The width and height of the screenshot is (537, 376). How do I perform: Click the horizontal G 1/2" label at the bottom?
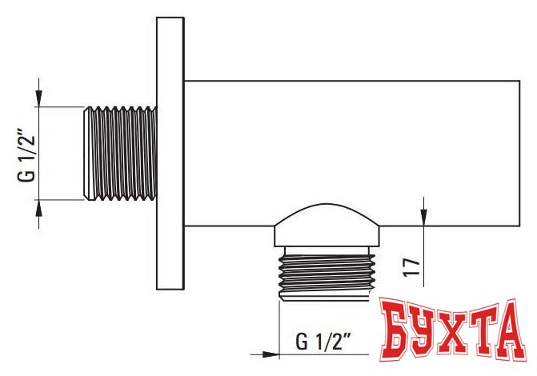[323, 341]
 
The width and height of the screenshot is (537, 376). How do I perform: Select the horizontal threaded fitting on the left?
[121, 153]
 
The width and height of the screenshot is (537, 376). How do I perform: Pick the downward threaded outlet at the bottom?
[327, 274]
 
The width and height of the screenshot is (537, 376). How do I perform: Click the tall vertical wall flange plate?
[170, 153]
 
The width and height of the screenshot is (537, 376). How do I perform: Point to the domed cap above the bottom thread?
[327, 225]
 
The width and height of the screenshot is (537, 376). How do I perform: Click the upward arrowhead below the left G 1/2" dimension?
[39, 208]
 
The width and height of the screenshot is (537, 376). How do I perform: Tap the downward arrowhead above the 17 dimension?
[423, 218]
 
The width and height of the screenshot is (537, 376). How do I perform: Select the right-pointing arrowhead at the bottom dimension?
[271, 354]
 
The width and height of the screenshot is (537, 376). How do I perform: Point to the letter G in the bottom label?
[302, 342]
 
